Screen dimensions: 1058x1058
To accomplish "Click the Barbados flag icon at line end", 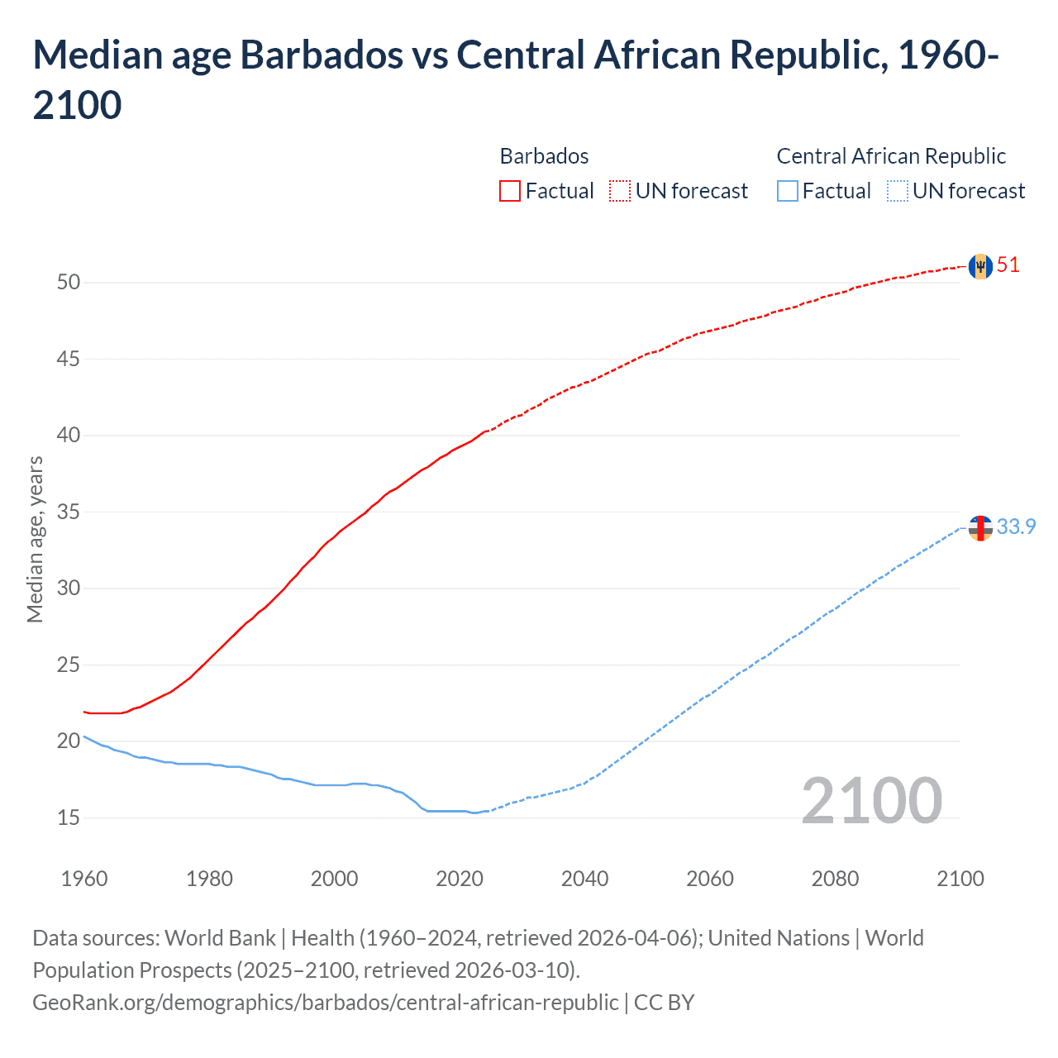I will click(x=980, y=266).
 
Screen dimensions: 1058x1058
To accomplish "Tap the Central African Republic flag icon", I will click(x=980, y=527).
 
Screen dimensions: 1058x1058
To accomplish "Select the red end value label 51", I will click(x=1008, y=265).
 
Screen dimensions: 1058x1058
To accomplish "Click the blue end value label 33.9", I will click(x=1016, y=527).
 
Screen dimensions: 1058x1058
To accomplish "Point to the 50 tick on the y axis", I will click(x=69, y=283).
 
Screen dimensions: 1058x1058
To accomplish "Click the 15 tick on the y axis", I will click(x=69, y=817).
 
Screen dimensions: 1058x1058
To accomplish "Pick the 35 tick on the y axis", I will click(x=69, y=512).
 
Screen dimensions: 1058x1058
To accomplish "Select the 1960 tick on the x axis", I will click(x=84, y=879).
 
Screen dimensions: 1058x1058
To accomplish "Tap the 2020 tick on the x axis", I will click(x=460, y=879).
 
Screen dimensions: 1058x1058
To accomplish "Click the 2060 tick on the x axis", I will click(x=710, y=879).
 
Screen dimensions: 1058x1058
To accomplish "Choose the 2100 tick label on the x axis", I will click(x=960, y=879).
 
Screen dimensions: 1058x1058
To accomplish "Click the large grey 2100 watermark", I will click(x=872, y=801).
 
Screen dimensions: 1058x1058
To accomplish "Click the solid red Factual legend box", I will click(x=510, y=191).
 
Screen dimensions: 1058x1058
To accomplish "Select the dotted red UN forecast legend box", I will click(x=620, y=191).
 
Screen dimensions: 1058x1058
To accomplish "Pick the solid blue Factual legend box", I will click(x=788, y=191).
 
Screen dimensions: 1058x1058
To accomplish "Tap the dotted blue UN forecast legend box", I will click(x=897, y=191).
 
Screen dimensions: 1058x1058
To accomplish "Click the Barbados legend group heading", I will click(x=544, y=156).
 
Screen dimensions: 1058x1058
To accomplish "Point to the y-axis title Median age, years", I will click(x=35, y=539).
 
